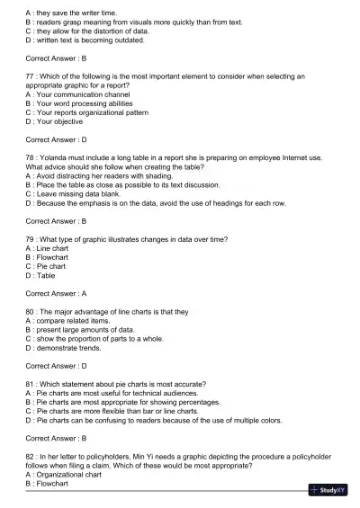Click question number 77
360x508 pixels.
point(31,77)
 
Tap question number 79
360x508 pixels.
point(31,238)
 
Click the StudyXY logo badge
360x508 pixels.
point(328,491)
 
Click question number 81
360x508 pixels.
point(31,384)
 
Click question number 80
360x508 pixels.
point(31,311)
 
